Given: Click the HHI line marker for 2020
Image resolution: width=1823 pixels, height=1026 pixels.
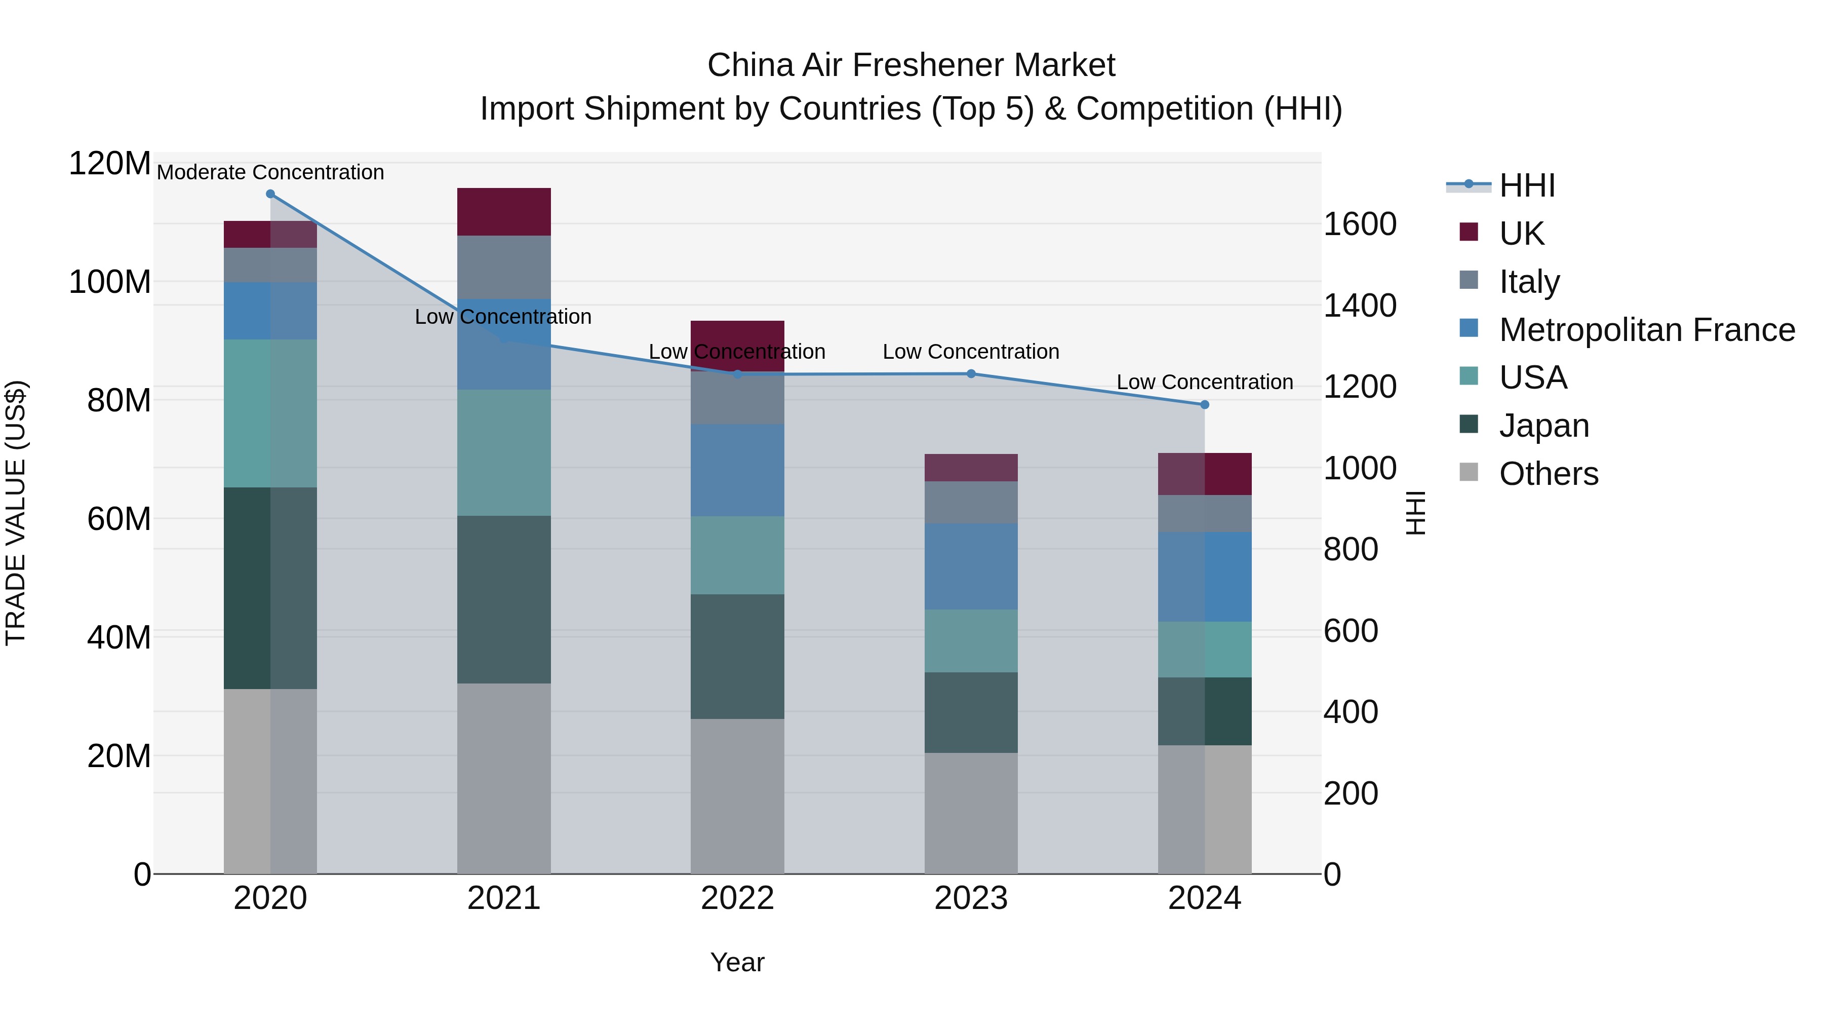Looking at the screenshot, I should [x=270, y=194].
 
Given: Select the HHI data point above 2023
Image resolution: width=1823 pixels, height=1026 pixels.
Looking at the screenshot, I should [x=971, y=374].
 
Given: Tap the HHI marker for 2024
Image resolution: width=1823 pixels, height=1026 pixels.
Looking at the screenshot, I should [x=1205, y=405].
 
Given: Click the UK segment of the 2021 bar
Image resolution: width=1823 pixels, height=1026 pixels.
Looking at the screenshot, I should [x=504, y=212].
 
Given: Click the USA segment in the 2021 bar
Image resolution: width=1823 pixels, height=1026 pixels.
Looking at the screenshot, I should [x=504, y=452].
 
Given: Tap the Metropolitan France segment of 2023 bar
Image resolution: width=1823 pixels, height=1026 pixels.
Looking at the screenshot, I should [x=971, y=566].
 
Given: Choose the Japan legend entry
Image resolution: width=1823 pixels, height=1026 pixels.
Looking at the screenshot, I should [x=1543, y=426].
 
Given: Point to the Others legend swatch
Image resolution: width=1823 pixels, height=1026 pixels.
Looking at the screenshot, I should [x=1469, y=472].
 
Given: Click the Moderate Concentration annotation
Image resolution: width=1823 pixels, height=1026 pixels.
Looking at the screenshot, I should [x=270, y=172].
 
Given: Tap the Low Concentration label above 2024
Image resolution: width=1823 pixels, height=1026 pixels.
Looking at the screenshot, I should [x=1205, y=383].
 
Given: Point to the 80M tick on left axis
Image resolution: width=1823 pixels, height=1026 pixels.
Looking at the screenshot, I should [x=118, y=401].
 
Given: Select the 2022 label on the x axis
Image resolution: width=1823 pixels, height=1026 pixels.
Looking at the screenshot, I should [x=737, y=898].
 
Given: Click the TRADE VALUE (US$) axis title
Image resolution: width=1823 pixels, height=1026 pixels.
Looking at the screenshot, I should [x=16, y=513].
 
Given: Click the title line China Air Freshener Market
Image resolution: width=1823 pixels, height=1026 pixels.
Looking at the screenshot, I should [x=911, y=65].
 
